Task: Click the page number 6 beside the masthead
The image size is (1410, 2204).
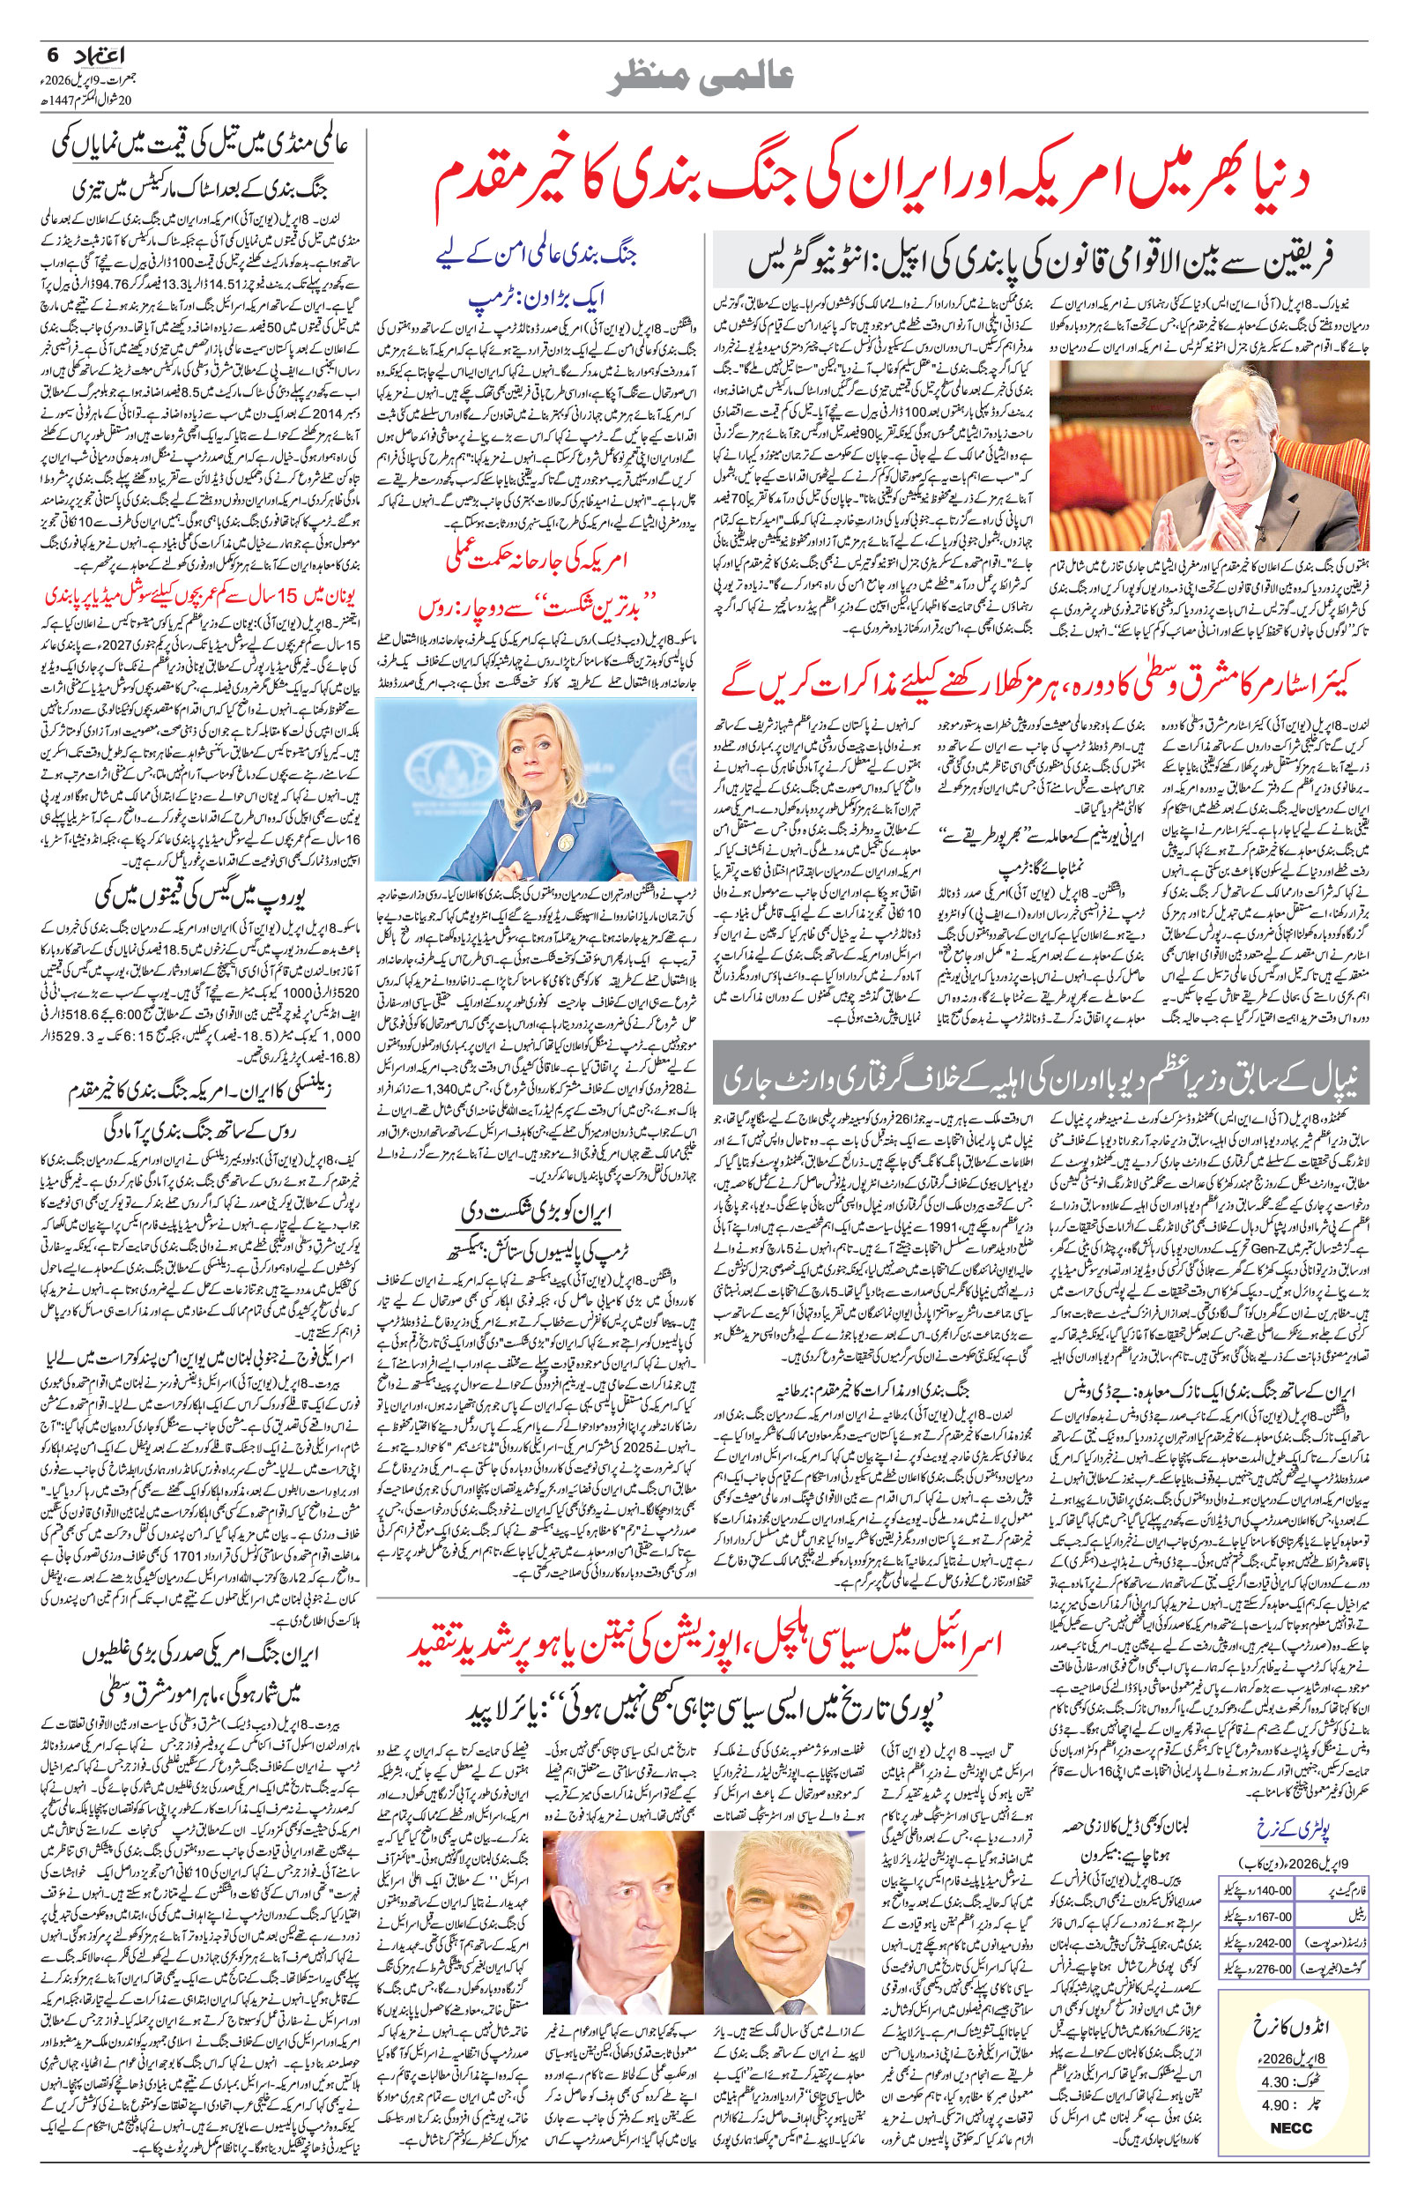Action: pyautogui.click(x=51, y=57)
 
